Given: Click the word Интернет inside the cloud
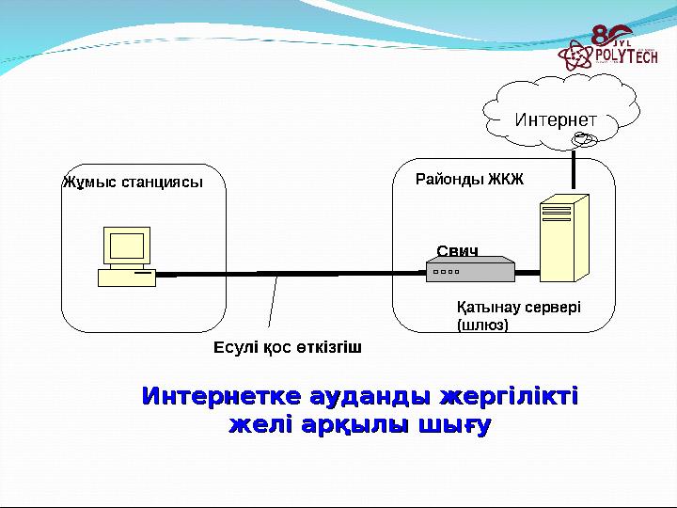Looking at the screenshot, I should [556, 121].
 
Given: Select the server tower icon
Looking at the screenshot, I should [563, 237].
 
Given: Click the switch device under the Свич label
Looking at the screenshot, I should [470, 271].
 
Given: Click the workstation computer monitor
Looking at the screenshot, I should [127, 246].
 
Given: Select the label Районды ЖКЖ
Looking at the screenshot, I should [468, 178].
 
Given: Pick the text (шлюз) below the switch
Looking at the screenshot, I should [482, 325].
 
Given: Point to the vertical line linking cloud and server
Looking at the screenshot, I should [573, 170].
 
